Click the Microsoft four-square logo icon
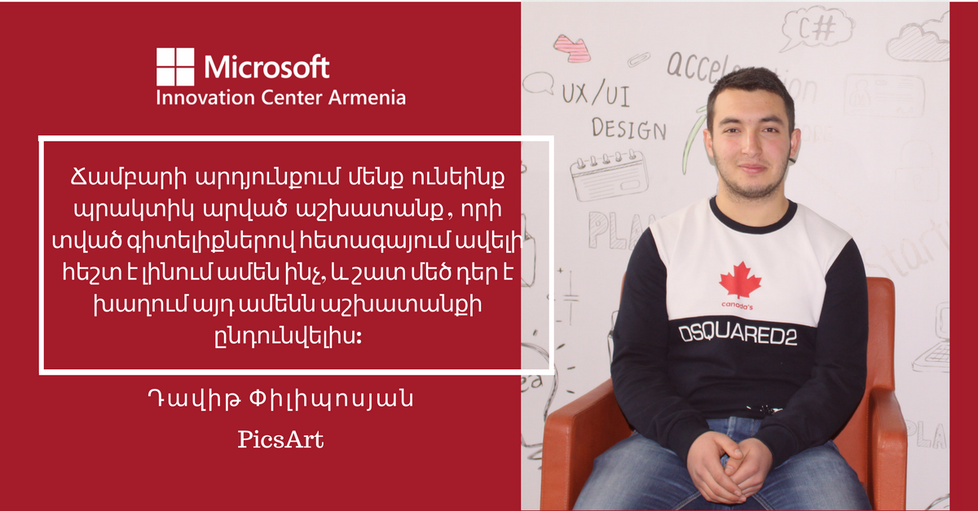175,67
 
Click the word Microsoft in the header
267,66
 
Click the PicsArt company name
280,440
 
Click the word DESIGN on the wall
628,128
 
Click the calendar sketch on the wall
610,174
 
